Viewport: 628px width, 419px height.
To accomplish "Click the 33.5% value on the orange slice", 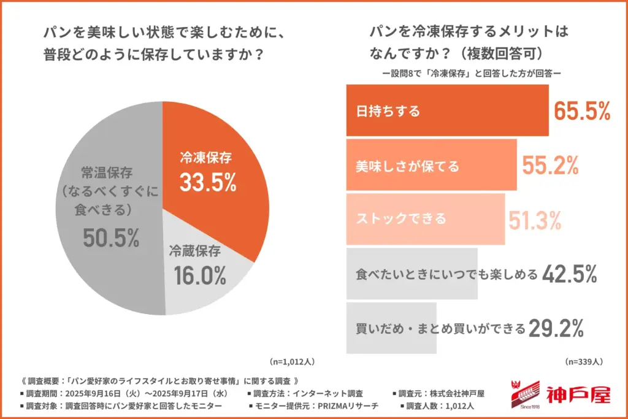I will coord(209,182).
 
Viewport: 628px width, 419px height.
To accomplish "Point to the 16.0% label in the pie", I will coord(198,275).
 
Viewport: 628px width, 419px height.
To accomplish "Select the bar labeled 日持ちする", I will coord(447,111).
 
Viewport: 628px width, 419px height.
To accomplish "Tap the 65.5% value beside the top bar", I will coord(582,111).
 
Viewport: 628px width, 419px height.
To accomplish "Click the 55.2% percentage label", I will coord(550,165).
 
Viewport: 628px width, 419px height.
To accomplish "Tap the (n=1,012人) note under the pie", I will coord(293,361).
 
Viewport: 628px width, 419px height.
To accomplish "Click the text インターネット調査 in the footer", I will coord(329,393).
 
